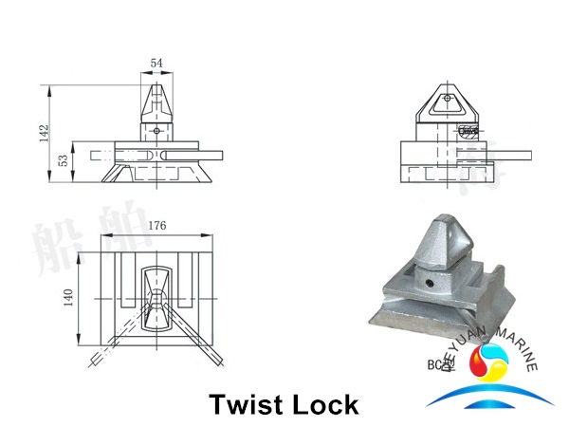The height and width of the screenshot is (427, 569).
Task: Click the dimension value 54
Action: [156, 63]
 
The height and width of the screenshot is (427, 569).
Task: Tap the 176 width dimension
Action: [158, 226]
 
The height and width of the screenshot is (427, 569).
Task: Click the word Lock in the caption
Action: [325, 405]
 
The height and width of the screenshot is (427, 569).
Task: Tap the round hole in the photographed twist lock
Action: [436, 283]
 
